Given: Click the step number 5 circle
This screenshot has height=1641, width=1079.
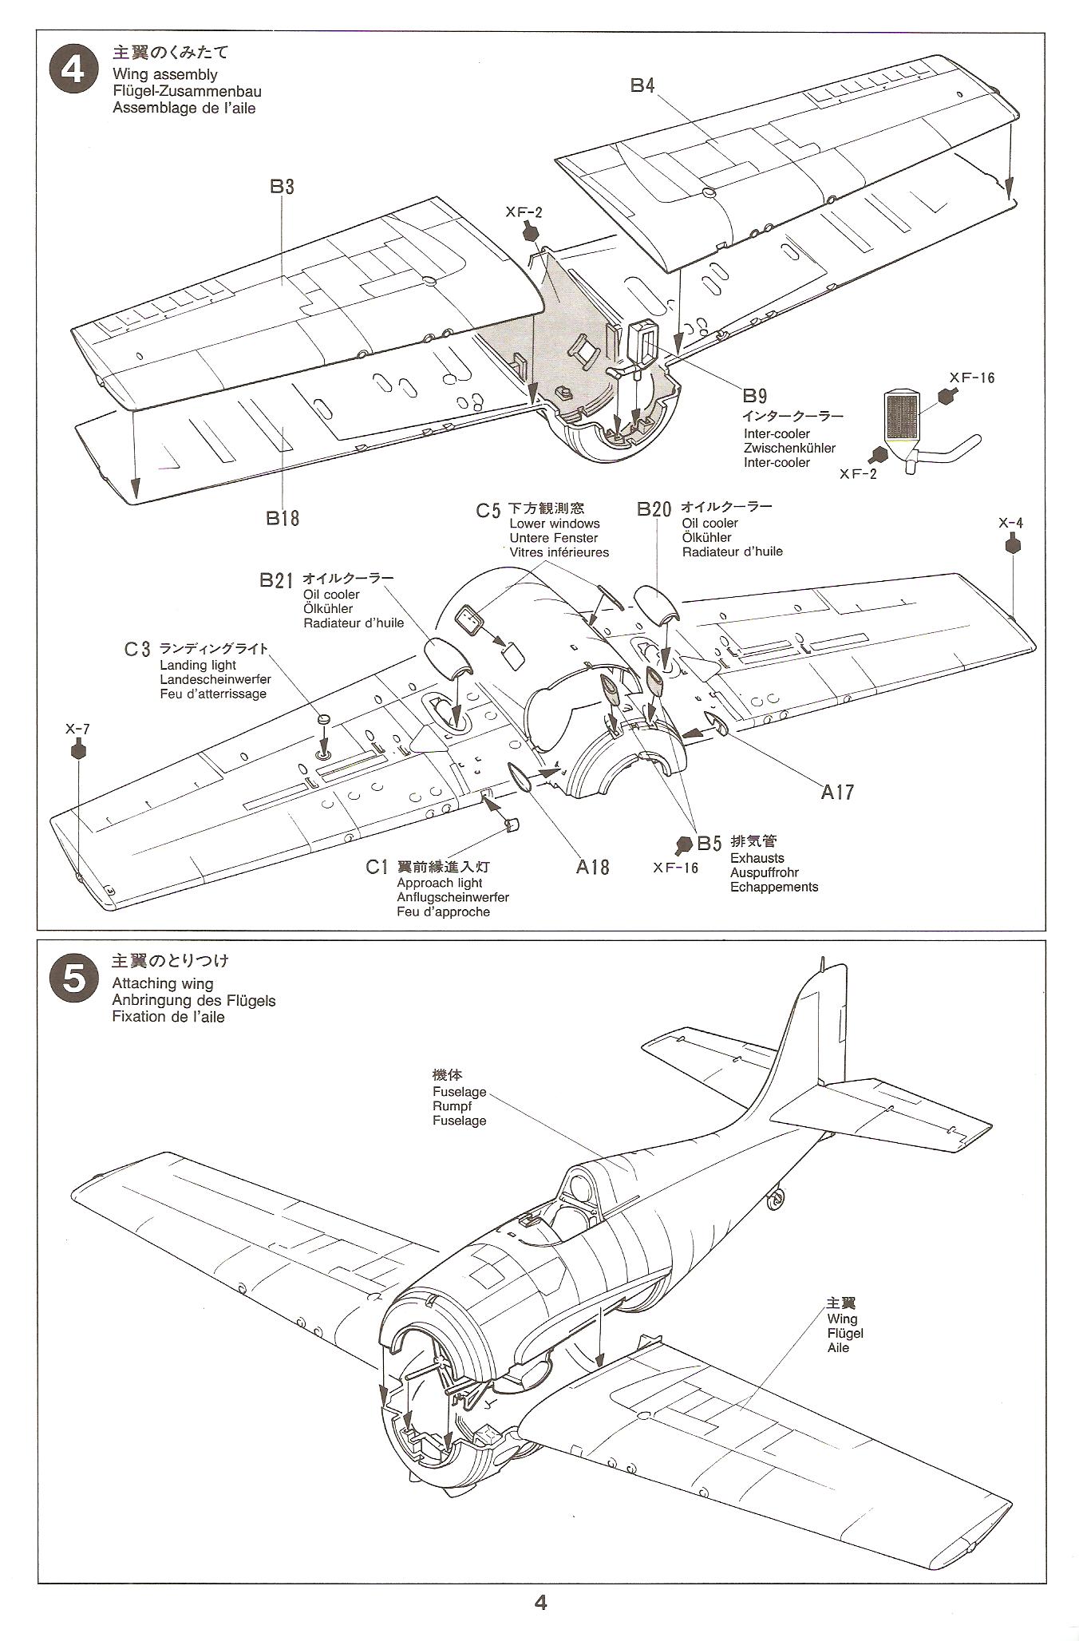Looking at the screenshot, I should pos(73,978).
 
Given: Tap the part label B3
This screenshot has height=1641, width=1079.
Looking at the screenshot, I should pos(282,187).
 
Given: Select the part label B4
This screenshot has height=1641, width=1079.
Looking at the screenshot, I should pos(642,85).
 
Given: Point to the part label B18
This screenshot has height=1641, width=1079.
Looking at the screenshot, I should pos(283,518).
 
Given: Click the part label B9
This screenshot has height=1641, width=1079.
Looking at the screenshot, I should pos(754,396).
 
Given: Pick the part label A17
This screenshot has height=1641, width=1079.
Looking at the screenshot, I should pos(838,792).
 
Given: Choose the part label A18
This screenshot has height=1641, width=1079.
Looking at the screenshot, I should pos(592,867).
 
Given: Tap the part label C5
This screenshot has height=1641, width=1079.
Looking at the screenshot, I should pos(488,510).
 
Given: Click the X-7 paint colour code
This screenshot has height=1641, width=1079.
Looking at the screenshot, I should pos(77,729).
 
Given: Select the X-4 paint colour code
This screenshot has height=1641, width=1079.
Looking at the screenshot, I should pos(1010,524).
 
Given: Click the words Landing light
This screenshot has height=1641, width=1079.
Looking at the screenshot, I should pos(197,665).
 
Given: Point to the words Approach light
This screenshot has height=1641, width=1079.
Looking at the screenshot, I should pos(439,883).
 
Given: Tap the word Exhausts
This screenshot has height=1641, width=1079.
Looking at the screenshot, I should pos(757,858).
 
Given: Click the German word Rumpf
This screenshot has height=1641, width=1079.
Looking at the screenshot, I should pos(452,1106).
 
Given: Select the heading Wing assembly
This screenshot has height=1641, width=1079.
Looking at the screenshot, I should pos(164,74).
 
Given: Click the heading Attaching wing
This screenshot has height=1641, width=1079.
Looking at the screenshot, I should pos(163,983).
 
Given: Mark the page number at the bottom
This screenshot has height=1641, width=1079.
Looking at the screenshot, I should pos(540,1602).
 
